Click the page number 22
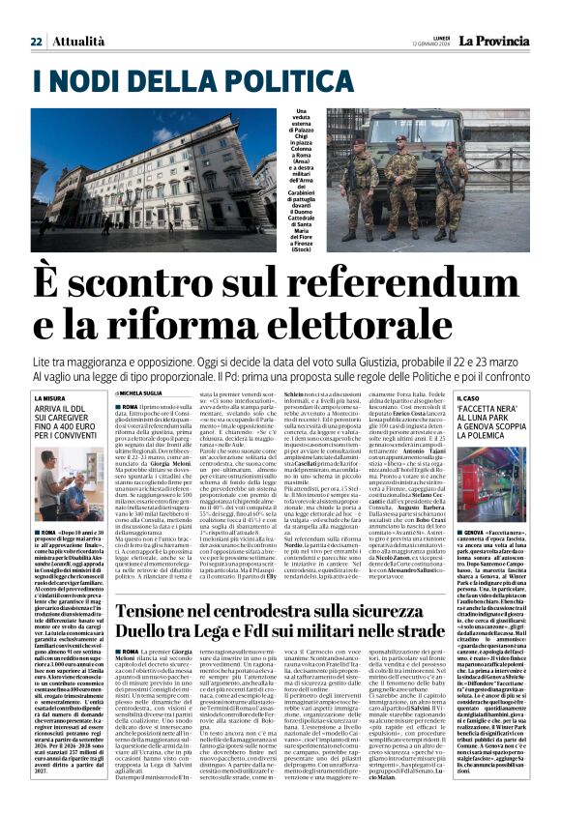click(x=36, y=42)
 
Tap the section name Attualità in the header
click(x=79, y=42)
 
